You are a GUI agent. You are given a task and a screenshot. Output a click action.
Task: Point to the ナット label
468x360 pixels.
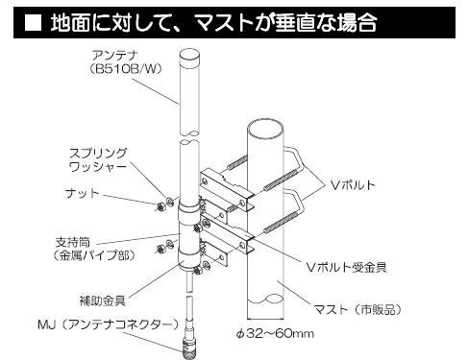point(83,192)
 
